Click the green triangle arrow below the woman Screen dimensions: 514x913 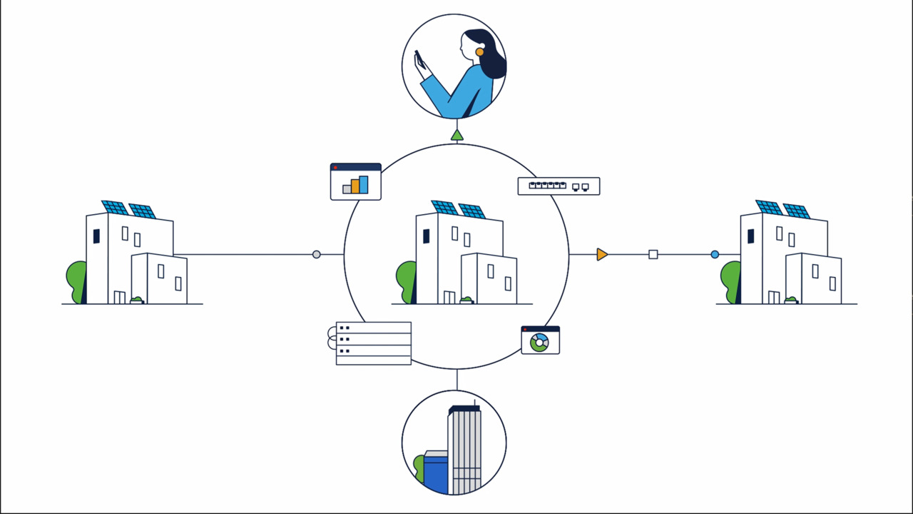457,135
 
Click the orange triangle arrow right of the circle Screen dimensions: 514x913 602,254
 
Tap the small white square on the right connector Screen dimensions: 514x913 653,254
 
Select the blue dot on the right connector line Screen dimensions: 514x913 715,254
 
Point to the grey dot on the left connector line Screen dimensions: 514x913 317,254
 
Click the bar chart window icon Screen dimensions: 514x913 355,182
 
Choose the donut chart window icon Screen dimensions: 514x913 540,341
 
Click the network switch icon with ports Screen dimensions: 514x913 558,186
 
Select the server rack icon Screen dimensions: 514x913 373,343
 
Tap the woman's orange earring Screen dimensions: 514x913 480,51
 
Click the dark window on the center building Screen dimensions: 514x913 426,236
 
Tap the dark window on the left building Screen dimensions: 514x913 96,236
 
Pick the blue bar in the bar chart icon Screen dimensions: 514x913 364,185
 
